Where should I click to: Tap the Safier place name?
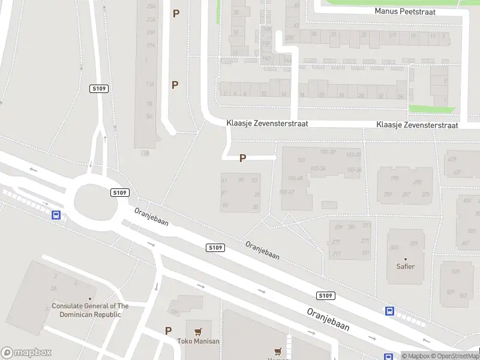[x=406, y=266]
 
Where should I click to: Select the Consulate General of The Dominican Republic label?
[x=90, y=310]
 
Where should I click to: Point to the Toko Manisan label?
[x=198, y=341]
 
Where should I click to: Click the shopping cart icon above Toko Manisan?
[x=198, y=331]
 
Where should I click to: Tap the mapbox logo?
[x=26, y=353]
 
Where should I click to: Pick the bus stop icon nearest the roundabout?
[x=56, y=215]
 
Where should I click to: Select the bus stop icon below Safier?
[x=389, y=311]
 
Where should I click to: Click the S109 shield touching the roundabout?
[x=120, y=193]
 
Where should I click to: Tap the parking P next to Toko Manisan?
[x=169, y=331]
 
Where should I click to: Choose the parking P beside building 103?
[x=242, y=158]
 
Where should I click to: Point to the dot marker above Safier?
[x=406, y=259]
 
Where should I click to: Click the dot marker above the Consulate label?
[x=90, y=299]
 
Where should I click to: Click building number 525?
[x=455, y=271]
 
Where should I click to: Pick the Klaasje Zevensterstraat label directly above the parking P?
[x=267, y=123]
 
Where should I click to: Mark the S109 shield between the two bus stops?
[x=325, y=295]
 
